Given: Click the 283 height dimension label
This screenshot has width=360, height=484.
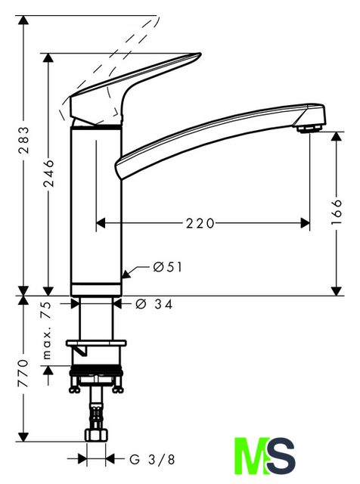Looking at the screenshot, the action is tap(23, 139).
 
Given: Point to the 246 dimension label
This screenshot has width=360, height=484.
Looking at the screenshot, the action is tap(48, 173).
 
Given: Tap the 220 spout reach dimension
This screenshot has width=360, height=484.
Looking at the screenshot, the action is tap(200, 223).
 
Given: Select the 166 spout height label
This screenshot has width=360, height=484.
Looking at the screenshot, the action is tap(337, 212).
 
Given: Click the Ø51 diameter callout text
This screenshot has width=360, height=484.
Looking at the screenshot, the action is tap(168, 267).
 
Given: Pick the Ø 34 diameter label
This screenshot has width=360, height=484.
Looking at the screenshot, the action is tap(154, 304).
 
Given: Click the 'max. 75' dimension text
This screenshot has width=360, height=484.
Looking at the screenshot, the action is tap(47, 330).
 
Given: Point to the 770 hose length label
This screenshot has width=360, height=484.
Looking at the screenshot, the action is tap(23, 373).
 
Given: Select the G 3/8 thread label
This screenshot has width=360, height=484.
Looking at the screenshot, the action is tap(152, 460).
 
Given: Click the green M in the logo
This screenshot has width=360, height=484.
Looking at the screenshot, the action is tap(250, 456).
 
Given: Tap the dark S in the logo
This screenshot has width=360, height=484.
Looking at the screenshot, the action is tap(281, 456).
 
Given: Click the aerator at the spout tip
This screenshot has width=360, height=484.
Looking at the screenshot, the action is tap(309, 129).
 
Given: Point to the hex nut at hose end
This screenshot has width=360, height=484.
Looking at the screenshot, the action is tap(96, 435).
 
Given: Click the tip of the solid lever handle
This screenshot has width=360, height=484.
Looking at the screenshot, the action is tap(200, 54).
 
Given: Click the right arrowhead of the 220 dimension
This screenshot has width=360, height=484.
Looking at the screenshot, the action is tap(305, 223).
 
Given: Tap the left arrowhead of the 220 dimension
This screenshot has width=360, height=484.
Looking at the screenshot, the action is tap(101, 223).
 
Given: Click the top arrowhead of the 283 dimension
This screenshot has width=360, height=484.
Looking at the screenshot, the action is tap(23, 20).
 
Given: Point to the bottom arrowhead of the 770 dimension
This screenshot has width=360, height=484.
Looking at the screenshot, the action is tap(23, 437).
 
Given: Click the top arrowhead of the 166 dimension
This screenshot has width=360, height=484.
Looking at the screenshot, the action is tap(337, 136).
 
